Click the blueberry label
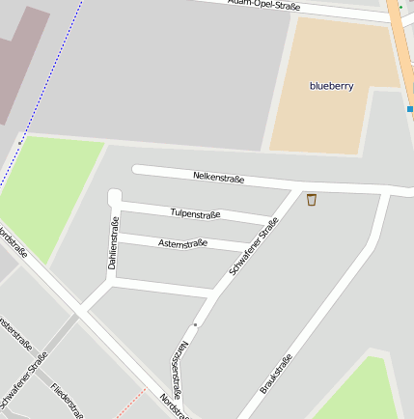[331, 86]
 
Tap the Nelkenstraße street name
[219, 178]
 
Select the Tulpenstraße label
[195, 213]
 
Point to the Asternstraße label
[182, 242]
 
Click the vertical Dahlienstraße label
[114, 244]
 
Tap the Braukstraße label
[276, 374]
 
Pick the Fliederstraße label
[67, 400]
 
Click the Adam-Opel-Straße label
[263, 5]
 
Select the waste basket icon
[311, 200]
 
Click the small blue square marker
[409, 109]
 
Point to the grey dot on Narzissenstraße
[195, 325]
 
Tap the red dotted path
[131, 403]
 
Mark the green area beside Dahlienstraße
[53, 183]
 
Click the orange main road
[400, 39]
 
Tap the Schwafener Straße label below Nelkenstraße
[254, 246]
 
